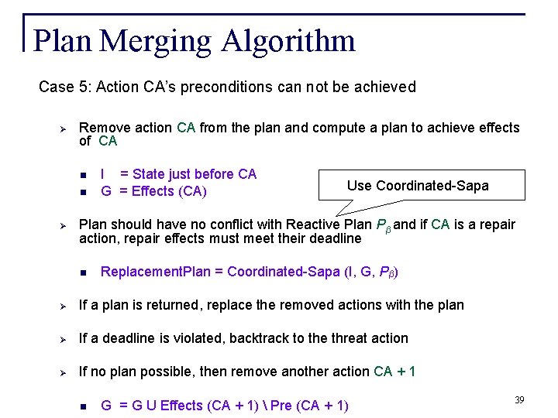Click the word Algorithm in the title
[288, 41]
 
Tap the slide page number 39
[519, 399]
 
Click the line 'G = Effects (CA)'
[153, 190]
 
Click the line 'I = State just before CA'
[178, 174]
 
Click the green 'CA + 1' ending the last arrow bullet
[394, 372]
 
